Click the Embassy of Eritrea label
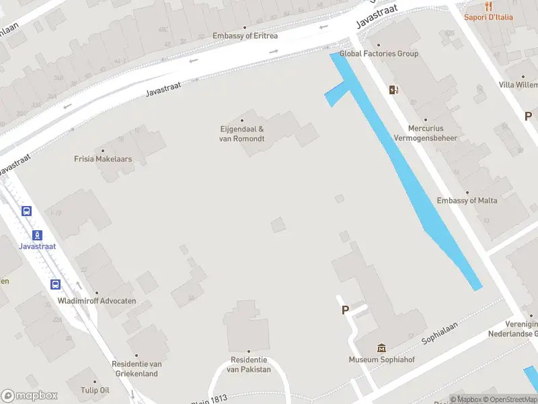[x=245, y=36]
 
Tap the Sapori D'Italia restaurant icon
[x=488, y=6]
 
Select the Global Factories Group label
[x=379, y=54]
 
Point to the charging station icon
[x=393, y=90]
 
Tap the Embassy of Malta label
[x=467, y=201]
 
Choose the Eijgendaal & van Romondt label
[x=242, y=134]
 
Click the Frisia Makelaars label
[x=103, y=160]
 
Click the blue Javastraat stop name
[x=38, y=246]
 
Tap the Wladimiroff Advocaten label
[x=97, y=301]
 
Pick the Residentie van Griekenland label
[x=135, y=369]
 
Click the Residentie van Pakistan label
[x=248, y=365]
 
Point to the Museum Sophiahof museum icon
[x=382, y=347]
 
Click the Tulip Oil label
[x=95, y=391]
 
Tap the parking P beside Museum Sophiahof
[x=346, y=310]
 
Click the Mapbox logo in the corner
[x=30, y=396]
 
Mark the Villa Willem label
[x=518, y=85]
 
